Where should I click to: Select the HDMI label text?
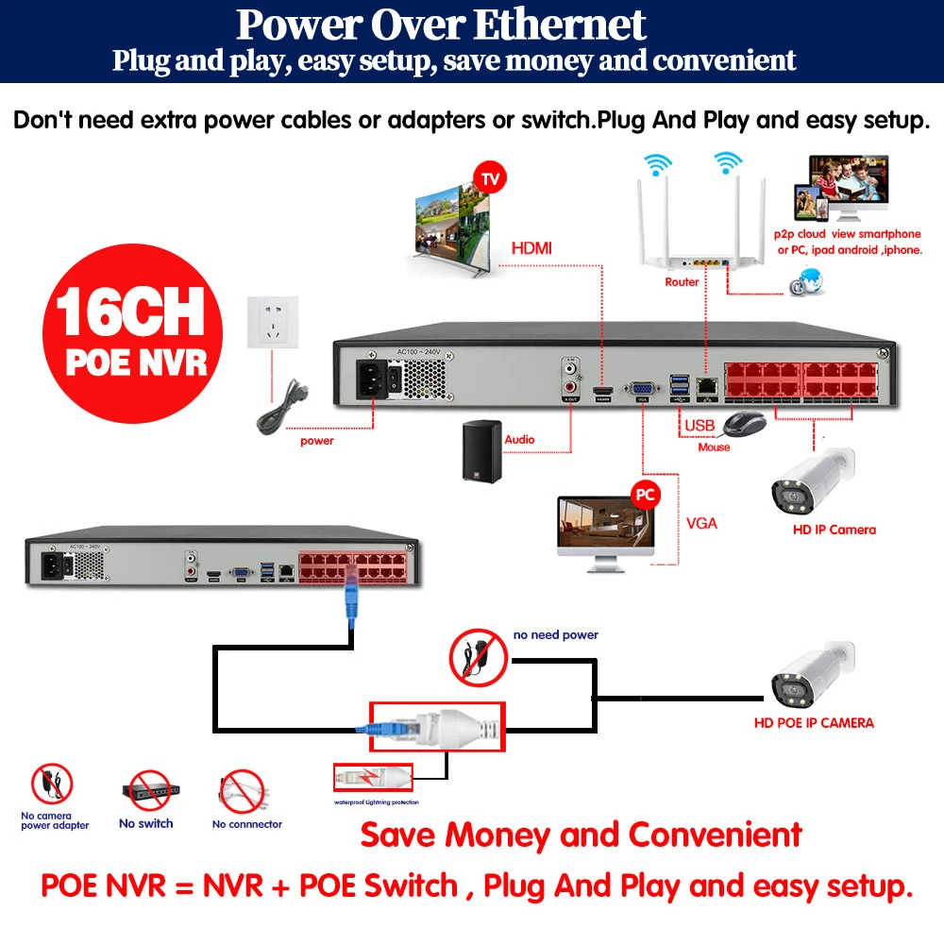coord(531,249)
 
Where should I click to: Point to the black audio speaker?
coord(482,451)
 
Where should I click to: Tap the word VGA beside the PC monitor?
coord(701,522)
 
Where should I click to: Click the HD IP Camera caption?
coord(834,530)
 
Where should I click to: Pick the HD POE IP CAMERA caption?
coord(813,723)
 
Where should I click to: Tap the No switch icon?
coord(146,793)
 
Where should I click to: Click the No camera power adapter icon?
coord(53,786)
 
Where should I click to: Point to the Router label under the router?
coord(682,281)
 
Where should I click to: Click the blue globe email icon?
coord(807,281)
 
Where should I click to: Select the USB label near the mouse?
coord(700,426)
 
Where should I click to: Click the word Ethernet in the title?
coord(560,25)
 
